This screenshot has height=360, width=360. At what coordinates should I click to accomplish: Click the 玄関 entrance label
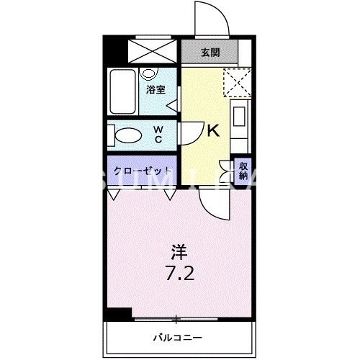(210, 52)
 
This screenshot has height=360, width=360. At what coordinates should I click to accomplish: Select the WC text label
(158, 134)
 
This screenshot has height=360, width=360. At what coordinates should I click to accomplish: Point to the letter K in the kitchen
(213, 132)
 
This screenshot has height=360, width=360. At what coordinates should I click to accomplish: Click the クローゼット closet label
(142, 172)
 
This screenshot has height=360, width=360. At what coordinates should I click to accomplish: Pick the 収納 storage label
(243, 171)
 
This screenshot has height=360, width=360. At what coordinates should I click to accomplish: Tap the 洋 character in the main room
(179, 253)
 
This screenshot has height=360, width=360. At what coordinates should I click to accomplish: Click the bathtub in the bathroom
(123, 91)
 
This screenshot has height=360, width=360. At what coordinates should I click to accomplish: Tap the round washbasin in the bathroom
(149, 73)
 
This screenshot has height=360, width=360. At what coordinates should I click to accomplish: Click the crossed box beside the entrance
(150, 50)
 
